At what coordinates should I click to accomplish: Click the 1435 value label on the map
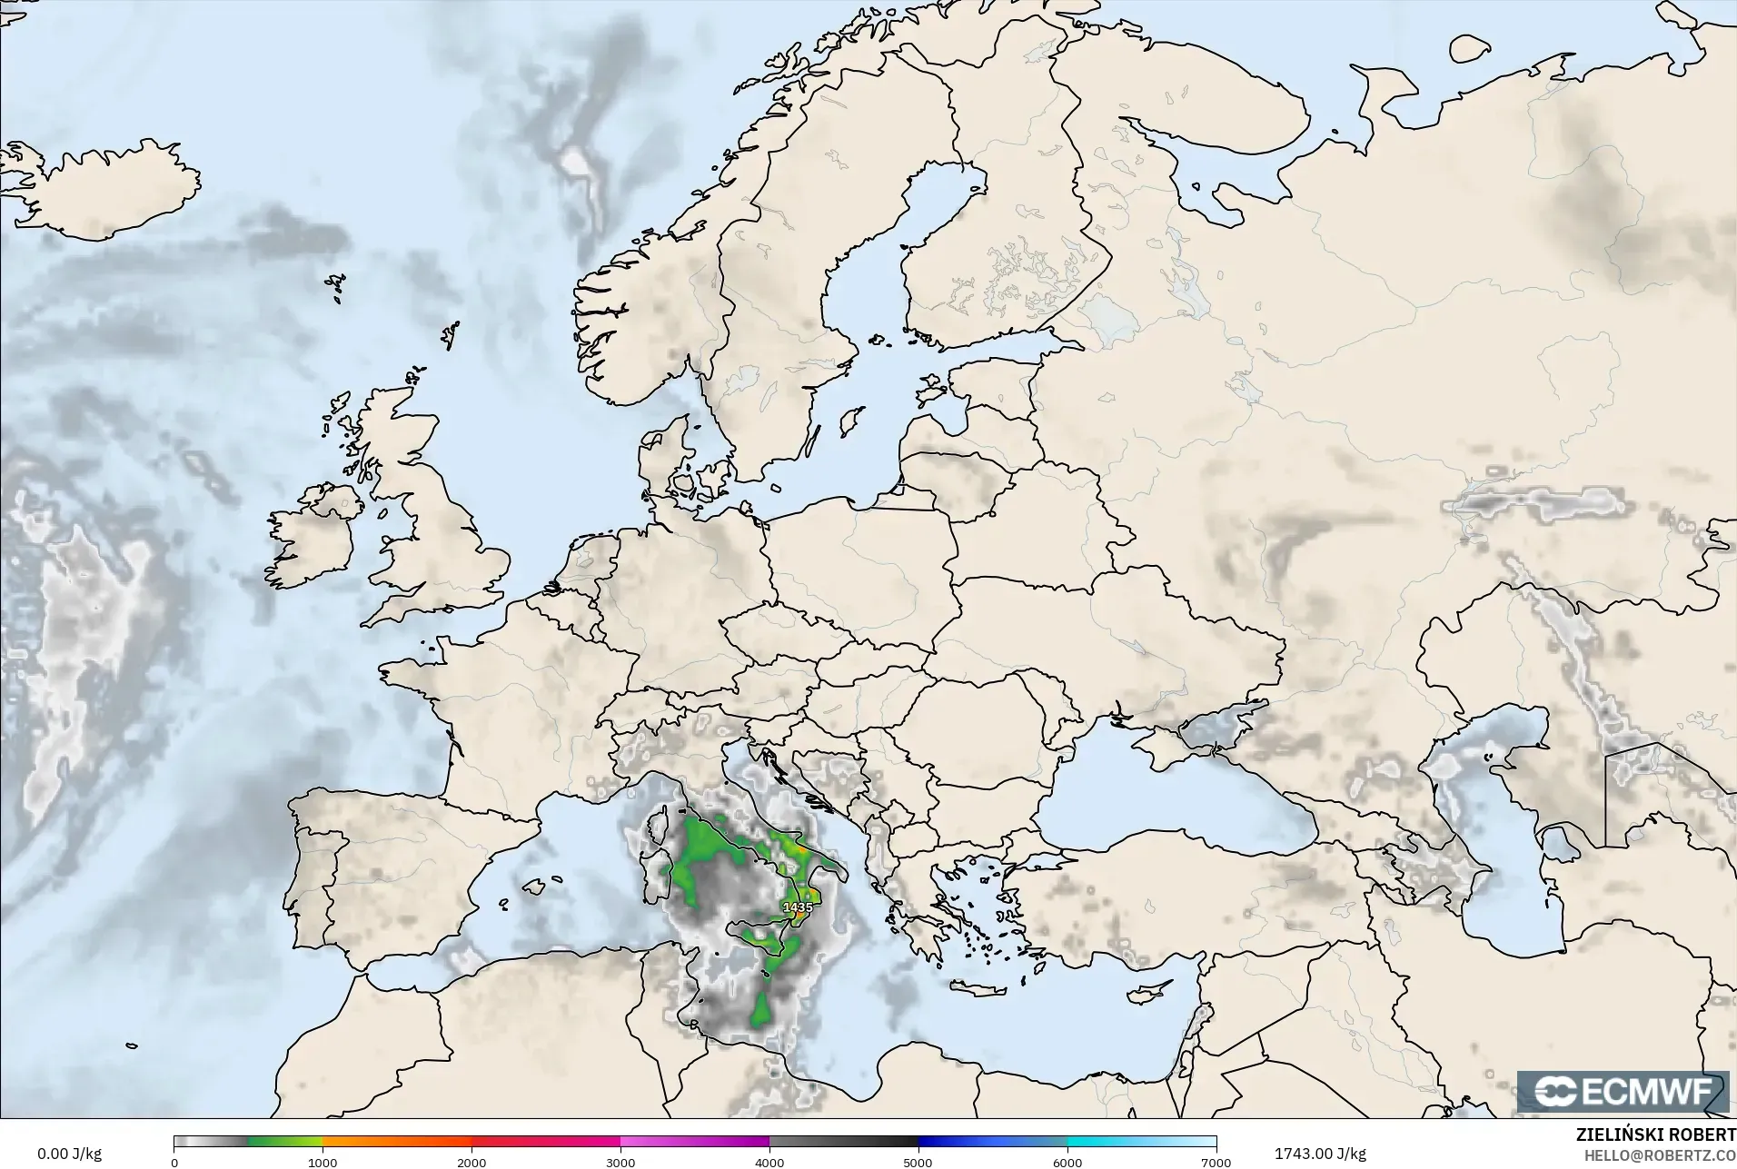(798, 906)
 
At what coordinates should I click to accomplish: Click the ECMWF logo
(1623, 1092)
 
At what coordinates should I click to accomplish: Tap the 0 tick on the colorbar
(174, 1162)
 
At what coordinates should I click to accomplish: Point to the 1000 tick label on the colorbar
(323, 1162)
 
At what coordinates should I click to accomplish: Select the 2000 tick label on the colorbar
(471, 1162)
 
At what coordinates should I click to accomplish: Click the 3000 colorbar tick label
(620, 1162)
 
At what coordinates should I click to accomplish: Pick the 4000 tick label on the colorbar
(769, 1162)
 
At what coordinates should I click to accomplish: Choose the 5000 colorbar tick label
(918, 1162)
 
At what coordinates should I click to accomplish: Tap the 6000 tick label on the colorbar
(1067, 1162)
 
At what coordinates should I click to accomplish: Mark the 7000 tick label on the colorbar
(1216, 1162)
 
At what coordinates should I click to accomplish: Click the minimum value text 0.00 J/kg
(69, 1154)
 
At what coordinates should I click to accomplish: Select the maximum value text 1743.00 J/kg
(1320, 1154)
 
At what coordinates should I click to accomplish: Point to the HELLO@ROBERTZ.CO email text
(1660, 1155)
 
